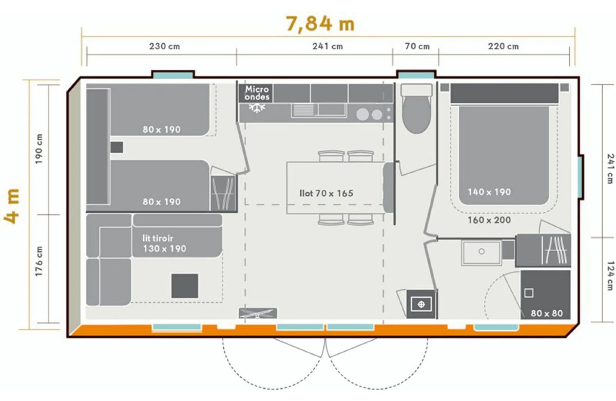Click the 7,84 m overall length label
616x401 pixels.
(x=320, y=24)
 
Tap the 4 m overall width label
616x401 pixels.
(x=12, y=206)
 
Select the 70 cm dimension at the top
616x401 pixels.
(x=417, y=46)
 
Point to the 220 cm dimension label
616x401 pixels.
(x=503, y=46)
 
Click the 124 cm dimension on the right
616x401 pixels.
(x=610, y=276)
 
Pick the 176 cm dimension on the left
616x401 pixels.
(x=39, y=261)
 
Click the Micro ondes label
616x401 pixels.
(x=257, y=93)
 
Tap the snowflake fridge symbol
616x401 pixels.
(x=257, y=108)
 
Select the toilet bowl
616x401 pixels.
(x=416, y=109)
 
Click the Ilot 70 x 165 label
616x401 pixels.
(x=326, y=193)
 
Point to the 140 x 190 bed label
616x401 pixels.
(x=489, y=192)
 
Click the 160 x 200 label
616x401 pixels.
(x=489, y=220)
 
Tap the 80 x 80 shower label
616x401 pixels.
(x=547, y=313)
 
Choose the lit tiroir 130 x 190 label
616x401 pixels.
(x=164, y=243)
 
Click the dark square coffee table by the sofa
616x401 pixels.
(x=184, y=286)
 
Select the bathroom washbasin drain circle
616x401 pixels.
(x=481, y=251)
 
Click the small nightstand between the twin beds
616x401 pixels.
(x=117, y=147)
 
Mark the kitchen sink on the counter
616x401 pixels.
(x=319, y=110)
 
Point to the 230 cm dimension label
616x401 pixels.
(x=164, y=46)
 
